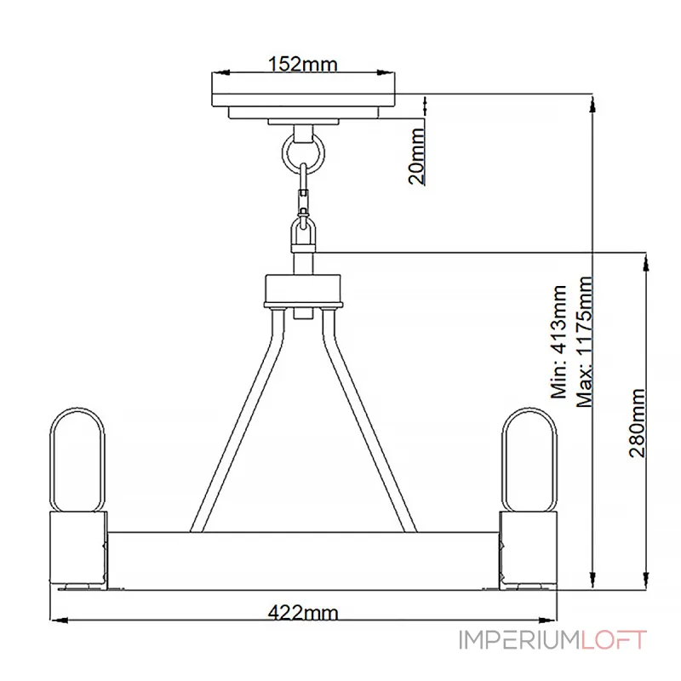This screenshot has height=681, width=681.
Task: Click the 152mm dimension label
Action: [303, 65]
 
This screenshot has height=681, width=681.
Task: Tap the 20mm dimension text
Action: [417, 156]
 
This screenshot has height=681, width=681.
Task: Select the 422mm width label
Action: [303, 613]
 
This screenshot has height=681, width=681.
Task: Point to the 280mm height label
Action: [638, 422]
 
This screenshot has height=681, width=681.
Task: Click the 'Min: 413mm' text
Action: [559, 341]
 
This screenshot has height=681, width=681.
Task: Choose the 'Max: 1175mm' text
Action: [585, 341]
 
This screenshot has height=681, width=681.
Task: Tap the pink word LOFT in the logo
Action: [613, 640]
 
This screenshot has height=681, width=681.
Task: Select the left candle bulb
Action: [77, 460]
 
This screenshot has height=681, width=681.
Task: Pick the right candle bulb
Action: [529, 460]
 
